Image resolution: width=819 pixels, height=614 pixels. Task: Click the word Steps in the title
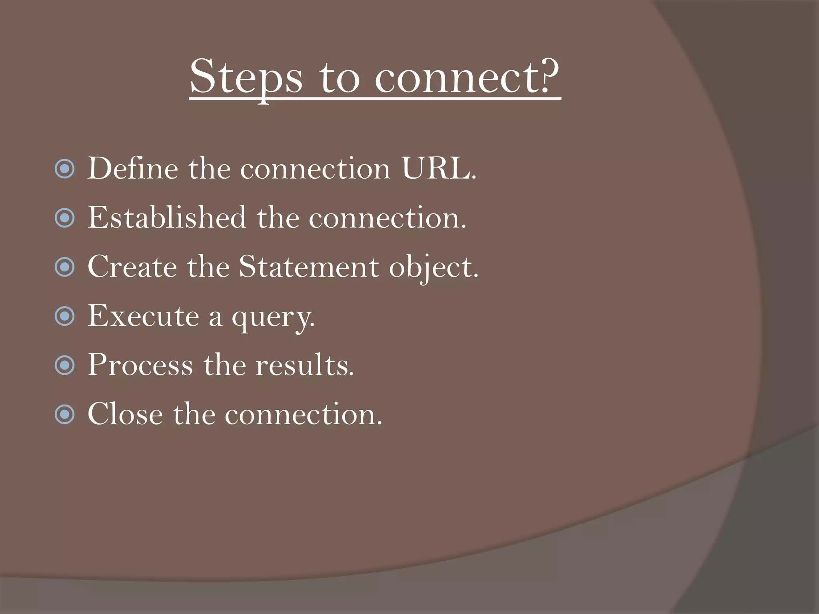click(x=246, y=77)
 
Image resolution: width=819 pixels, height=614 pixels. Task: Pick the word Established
click(x=167, y=217)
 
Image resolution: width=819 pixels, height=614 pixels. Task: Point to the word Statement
click(x=309, y=267)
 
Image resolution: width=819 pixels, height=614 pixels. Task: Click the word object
click(x=433, y=267)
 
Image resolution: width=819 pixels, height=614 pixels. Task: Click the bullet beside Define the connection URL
click(x=65, y=169)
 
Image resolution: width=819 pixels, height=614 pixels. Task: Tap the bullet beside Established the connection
click(x=65, y=218)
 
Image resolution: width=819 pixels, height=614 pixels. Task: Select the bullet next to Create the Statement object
click(x=65, y=267)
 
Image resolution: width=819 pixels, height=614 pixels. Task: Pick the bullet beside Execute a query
click(x=65, y=316)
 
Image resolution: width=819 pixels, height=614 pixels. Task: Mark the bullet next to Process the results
click(x=65, y=365)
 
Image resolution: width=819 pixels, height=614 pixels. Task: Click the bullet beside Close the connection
click(x=65, y=415)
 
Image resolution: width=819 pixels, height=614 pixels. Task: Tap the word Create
click(x=132, y=267)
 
